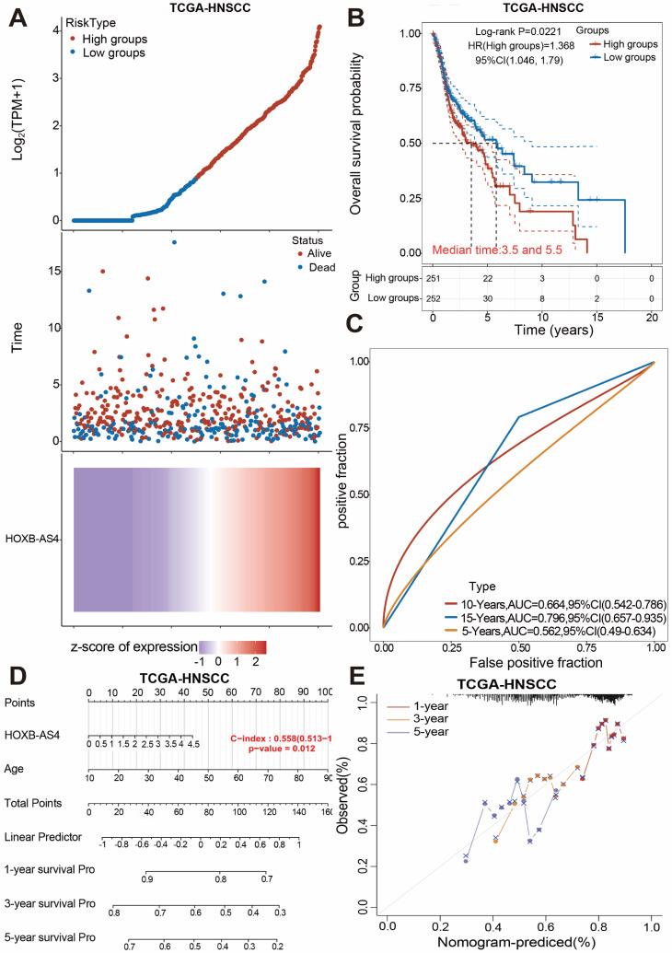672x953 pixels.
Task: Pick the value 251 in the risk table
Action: coord(433,277)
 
